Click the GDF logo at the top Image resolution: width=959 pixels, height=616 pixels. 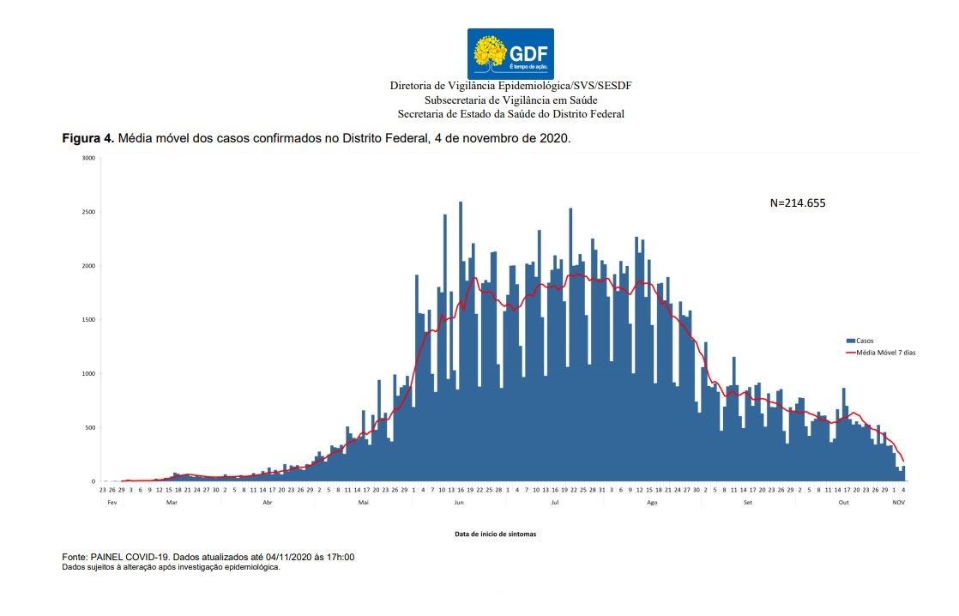click(x=510, y=52)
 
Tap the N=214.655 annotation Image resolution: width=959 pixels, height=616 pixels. click(x=798, y=203)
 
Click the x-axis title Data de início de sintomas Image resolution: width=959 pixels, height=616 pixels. click(x=497, y=534)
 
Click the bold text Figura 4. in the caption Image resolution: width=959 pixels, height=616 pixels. click(x=87, y=138)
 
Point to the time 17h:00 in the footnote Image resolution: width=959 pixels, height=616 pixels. click(x=341, y=558)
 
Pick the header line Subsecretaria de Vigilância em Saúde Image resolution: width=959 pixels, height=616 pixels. click(x=510, y=100)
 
